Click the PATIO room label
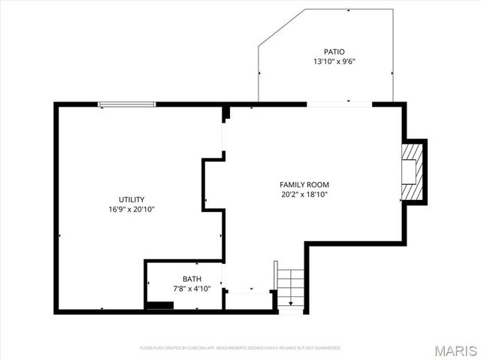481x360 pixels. [334, 51]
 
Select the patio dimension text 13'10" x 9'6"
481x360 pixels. [334, 62]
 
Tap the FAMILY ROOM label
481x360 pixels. [304, 185]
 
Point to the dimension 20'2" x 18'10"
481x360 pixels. [304, 195]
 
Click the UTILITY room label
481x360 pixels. [131, 199]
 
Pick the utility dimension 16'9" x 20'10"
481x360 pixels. [131, 210]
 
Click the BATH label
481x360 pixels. [181, 279]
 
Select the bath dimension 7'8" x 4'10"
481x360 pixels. [181, 289]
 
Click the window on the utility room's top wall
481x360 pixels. [127, 104]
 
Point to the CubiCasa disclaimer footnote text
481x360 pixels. [240, 348]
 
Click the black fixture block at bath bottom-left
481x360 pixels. [159, 304]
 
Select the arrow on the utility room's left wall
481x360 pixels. [59, 236]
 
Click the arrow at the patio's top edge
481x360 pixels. [349, 11]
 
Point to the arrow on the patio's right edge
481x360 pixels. [392, 74]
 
